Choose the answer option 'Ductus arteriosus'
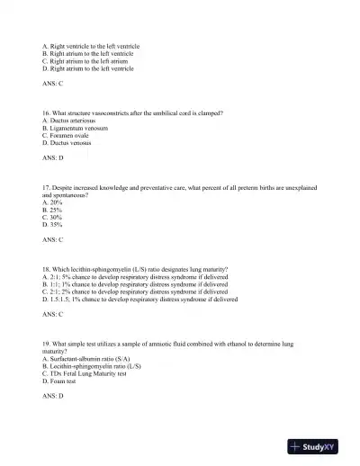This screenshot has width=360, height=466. (73, 121)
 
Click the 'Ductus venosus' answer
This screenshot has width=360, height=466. (70, 143)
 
